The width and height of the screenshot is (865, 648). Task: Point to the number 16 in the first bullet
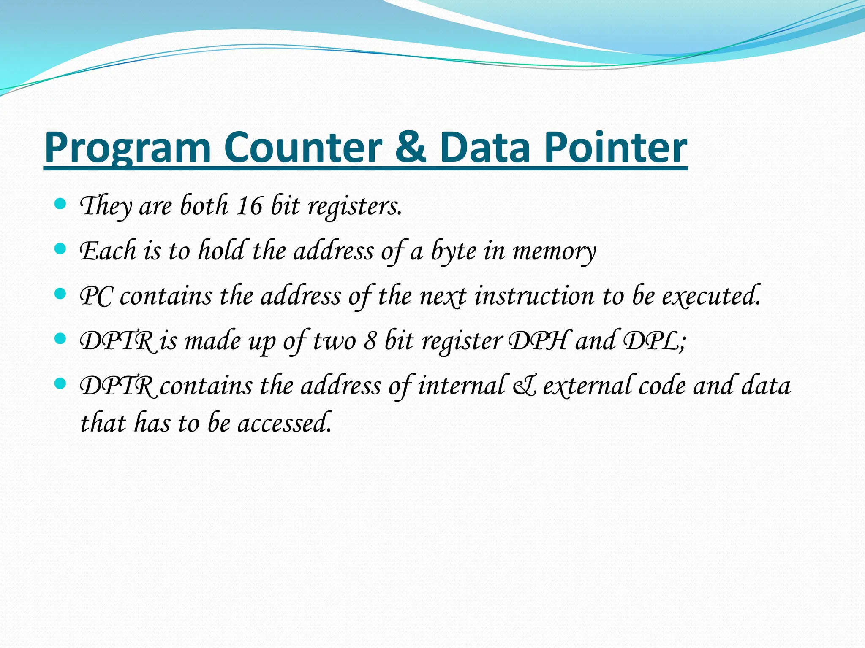click(250, 206)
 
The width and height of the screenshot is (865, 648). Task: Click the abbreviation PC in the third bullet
click(96, 296)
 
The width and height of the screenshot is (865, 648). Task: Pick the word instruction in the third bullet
click(534, 296)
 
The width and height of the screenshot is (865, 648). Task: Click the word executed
click(711, 296)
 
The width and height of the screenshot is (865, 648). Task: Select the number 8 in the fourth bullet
click(370, 341)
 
